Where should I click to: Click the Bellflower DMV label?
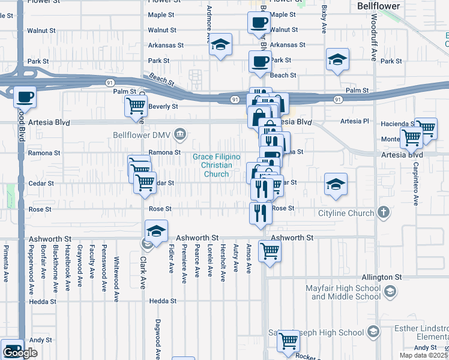coord(141,135)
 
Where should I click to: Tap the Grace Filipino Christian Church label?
coord(216,166)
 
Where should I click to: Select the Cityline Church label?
coord(347,213)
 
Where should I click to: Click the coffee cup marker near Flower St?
coord(259,23)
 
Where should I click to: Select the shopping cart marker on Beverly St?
coord(136,106)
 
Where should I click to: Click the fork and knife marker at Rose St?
coord(260,214)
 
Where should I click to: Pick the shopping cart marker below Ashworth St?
coord(270,251)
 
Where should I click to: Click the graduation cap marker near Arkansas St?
coord(221,45)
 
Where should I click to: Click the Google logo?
coord(20,353)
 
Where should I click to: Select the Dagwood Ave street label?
coord(158,338)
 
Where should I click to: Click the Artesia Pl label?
coord(355,121)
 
